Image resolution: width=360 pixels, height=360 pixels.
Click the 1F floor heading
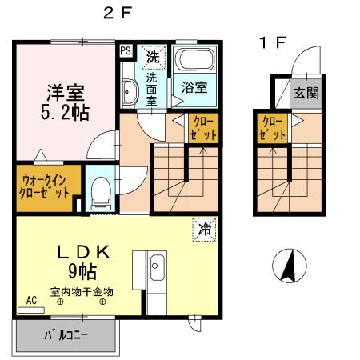[271, 42]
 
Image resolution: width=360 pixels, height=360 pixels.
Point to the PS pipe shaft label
[126, 50]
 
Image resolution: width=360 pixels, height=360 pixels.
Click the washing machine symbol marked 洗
[150, 58]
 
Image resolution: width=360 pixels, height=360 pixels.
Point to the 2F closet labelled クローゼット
[199, 128]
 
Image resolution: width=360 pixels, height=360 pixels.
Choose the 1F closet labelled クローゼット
[271, 128]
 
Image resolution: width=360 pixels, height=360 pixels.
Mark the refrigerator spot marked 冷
[204, 230]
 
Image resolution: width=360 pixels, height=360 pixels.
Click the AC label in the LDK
[32, 301]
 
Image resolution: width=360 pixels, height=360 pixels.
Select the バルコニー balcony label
[65, 336]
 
